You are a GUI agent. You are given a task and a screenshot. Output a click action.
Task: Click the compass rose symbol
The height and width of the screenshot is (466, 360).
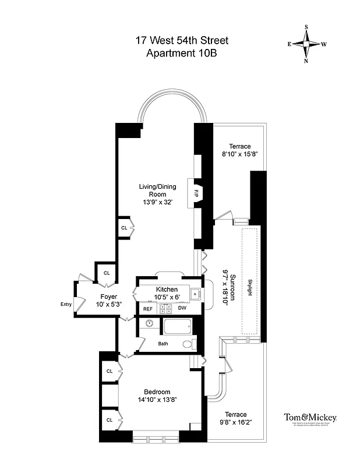(307, 44)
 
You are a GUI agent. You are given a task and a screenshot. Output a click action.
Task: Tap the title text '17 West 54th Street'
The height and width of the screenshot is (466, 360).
(181, 41)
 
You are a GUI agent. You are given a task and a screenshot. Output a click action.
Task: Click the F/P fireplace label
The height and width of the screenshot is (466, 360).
(197, 193)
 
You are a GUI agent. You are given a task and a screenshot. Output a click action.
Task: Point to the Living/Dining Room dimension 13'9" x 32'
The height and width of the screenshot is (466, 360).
(157, 202)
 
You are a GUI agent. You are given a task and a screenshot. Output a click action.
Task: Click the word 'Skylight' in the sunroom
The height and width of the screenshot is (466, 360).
(250, 287)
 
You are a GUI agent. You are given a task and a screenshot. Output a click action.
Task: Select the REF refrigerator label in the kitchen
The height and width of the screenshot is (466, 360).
(148, 308)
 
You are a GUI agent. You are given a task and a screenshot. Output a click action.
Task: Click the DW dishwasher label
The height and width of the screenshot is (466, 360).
(182, 308)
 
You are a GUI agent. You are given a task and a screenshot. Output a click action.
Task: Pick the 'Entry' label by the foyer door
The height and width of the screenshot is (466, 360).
(66, 303)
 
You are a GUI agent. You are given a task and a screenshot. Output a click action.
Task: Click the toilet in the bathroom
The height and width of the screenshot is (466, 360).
(187, 344)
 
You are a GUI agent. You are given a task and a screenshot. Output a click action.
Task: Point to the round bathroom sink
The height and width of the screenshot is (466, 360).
(150, 323)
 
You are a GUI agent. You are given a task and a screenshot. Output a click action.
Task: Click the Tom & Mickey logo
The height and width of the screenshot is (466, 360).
(310, 419)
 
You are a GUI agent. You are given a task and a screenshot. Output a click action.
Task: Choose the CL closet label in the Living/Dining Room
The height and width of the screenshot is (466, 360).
(124, 228)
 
